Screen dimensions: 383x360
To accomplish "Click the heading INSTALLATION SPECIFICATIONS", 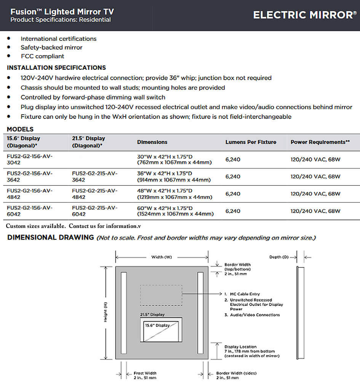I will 56,68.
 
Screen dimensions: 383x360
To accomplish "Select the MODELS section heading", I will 20,129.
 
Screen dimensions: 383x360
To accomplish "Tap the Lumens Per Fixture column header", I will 251,142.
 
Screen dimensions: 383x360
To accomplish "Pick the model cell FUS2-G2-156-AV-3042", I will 30,159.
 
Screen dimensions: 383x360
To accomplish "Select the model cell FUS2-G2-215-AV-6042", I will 95,211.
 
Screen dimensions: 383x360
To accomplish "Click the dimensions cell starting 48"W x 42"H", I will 174,194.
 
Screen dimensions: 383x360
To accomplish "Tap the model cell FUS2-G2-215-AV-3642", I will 95,176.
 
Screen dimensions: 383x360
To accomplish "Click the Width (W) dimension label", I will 162,257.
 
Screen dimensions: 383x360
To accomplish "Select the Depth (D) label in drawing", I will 281,257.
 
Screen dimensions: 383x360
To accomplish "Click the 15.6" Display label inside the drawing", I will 157,325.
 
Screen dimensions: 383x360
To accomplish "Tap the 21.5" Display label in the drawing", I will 152,315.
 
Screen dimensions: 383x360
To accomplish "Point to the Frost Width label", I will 145,373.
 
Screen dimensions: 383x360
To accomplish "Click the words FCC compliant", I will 42,56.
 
